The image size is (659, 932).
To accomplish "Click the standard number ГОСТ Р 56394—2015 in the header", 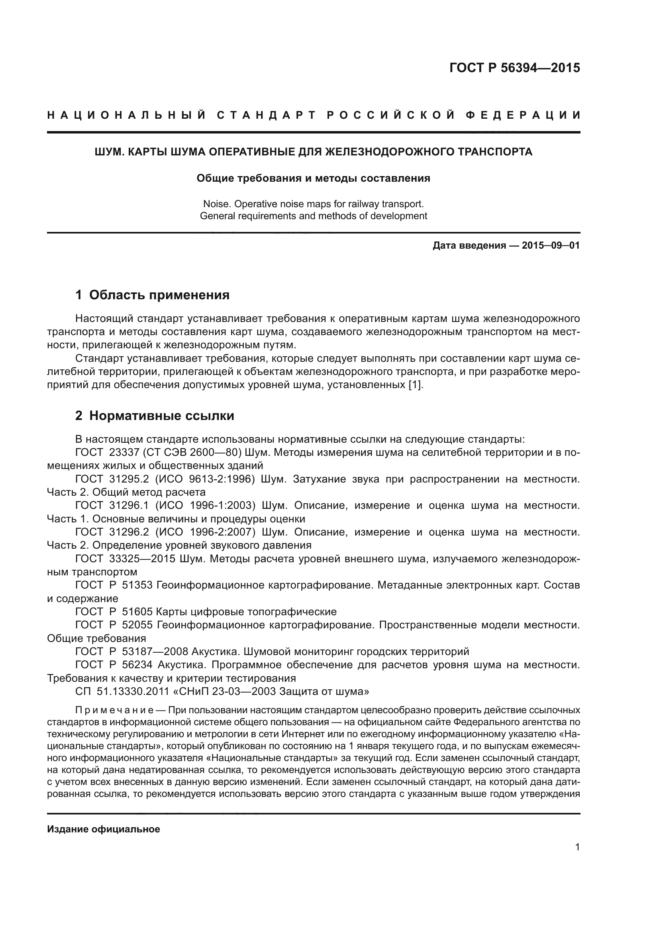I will click(x=514, y=68).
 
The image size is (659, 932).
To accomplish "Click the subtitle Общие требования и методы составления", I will click(x=313, y=178).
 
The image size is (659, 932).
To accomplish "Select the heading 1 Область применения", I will click(x=152, y=295).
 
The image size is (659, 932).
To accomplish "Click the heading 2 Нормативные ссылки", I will click(x=155, y=416).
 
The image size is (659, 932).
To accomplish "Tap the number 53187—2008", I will click(x=155, y=651).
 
